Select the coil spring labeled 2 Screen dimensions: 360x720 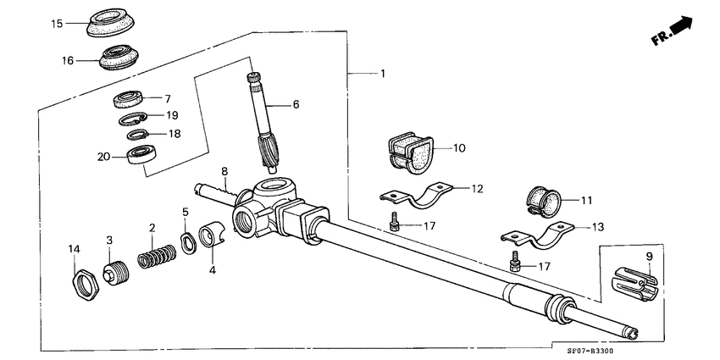tap(157, 256)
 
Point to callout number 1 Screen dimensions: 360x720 tap(382, 74)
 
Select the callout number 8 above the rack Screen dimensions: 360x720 tap(224, 171)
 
